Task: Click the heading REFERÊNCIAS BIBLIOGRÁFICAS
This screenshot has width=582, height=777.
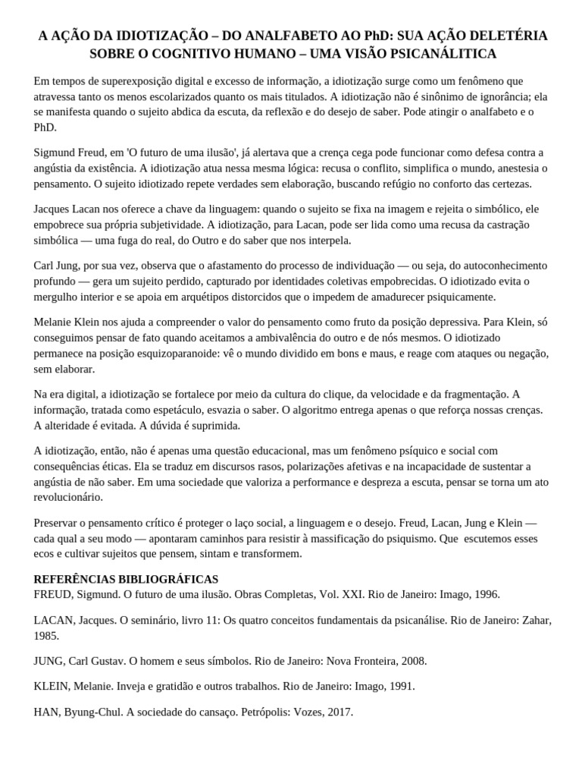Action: (126, 579)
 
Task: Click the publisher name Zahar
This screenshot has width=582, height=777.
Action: (535, 620)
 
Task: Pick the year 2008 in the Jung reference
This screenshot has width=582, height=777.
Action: (412, 661)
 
